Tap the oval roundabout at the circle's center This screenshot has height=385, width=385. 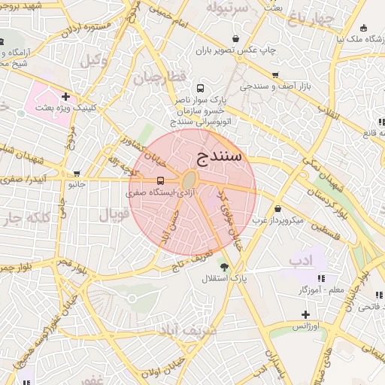click(x=189, y=180)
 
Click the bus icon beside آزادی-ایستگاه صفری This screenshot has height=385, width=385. click(x=160, y=180)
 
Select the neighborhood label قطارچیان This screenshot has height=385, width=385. click(x=159, y=77)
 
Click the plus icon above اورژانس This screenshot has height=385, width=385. click(x=305, y=314)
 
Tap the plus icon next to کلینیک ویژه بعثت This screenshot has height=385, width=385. click(x=66, y=96)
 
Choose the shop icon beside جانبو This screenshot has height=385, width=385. click(x=77, y=173)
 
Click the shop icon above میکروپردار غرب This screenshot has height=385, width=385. click(x=278, y=208)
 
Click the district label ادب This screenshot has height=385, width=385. click(x=299, y=260)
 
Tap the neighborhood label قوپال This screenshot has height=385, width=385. click(x=115, y=214)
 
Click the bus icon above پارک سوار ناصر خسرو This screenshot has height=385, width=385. click(x=199, y=87)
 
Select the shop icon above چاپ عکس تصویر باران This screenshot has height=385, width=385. click(x=237, y=38)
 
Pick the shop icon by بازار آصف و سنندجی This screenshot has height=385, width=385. click(x=275, y=75)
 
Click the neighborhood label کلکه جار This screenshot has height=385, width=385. click(x=21, y=219)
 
